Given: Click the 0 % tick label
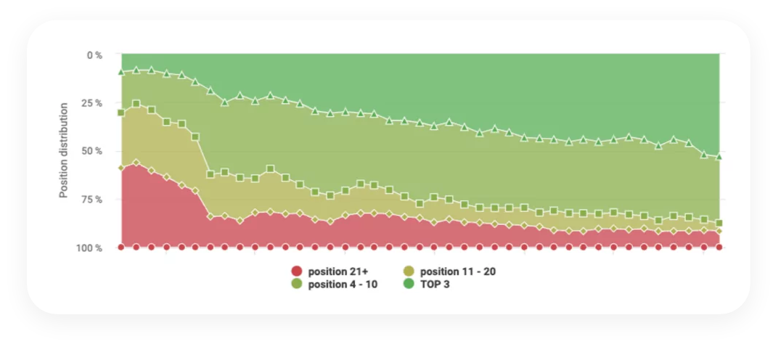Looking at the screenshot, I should [94, 54].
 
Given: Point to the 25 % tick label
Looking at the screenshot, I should [92, 103].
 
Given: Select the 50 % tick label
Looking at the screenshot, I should [92, 151].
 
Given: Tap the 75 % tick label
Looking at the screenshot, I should [92, 200].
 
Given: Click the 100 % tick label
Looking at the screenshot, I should [90, 248].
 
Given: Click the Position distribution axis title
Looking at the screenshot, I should [64, 150].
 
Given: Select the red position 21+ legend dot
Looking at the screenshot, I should [296, 271].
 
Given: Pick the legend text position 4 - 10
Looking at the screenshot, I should [343, 284].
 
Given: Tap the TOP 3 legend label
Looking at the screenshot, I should [435, 284].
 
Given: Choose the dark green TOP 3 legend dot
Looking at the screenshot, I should [408, 284].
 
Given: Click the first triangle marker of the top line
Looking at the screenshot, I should [121, 72].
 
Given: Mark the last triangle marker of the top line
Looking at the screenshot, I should [719, 156].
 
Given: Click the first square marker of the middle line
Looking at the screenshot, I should [121, 112].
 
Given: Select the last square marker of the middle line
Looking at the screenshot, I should [719, 223].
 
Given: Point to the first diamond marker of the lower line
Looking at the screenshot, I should [121, 168].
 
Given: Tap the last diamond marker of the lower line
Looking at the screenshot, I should [719, 231].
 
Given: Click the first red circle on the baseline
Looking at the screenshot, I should [121, 247].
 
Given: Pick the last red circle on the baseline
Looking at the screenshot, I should [719, 247].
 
